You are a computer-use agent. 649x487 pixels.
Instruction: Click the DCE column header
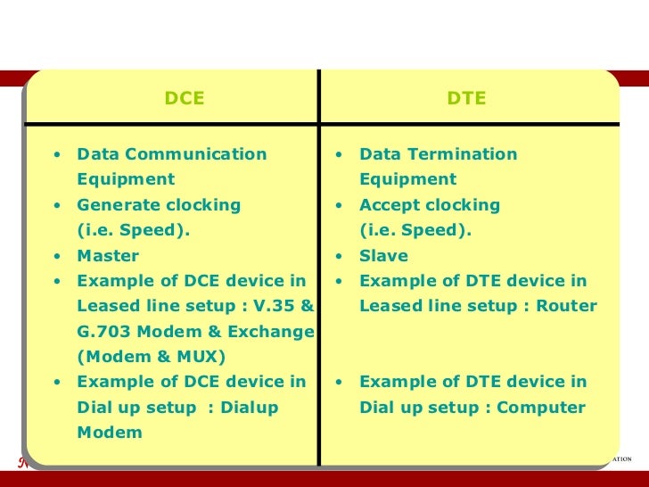(185, 99)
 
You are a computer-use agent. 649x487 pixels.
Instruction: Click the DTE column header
(466, 99)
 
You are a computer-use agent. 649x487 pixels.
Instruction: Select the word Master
(108, 256)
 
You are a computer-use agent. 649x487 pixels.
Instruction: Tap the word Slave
(383, 256)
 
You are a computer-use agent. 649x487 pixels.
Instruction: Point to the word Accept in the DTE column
(388, 205)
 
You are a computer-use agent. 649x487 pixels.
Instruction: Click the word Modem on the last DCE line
(110, 433)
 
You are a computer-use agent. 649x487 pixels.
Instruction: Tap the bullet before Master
(58, 256)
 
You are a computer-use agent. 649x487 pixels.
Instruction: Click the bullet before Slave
(340, 256)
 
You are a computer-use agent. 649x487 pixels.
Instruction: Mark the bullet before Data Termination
(340, 154)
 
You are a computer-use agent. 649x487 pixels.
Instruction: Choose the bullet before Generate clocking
(58, 205)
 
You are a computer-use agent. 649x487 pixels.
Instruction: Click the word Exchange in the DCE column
(270, 333)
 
